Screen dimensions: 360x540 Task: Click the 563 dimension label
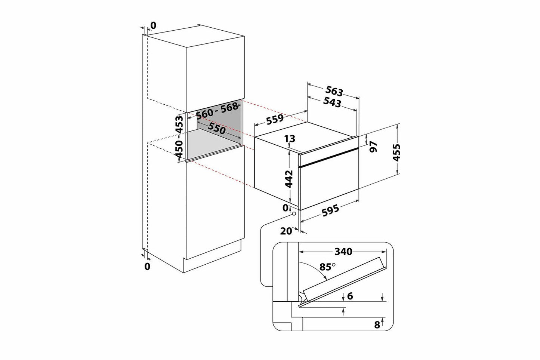click(x=334, y=91)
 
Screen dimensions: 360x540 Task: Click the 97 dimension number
click(x=373, y=147)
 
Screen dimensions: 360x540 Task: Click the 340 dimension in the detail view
click(x=343, y=252)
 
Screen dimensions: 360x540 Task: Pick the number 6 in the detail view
click(x=350, y=296)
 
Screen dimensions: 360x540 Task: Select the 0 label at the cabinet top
click(x=153, y=25)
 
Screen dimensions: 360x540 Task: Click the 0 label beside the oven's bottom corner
click(x=286, y=208)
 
